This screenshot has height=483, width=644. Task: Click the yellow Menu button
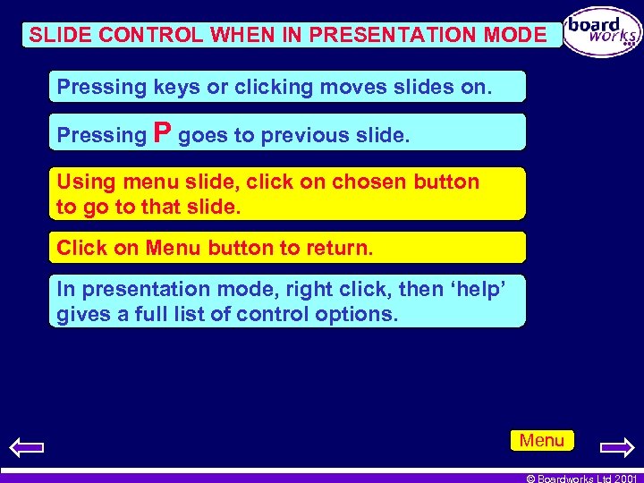pyautogui.click(x=542, y=440)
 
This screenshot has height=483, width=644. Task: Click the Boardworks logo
pyautogui.click(x=603, y=32)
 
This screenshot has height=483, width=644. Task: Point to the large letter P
pyautogui.click(x=163, y=133)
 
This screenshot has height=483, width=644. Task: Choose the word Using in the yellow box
pyautogui.click(x=83, y=182)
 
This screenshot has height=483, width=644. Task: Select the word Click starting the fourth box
pyautogui.click(x=82, y=247)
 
